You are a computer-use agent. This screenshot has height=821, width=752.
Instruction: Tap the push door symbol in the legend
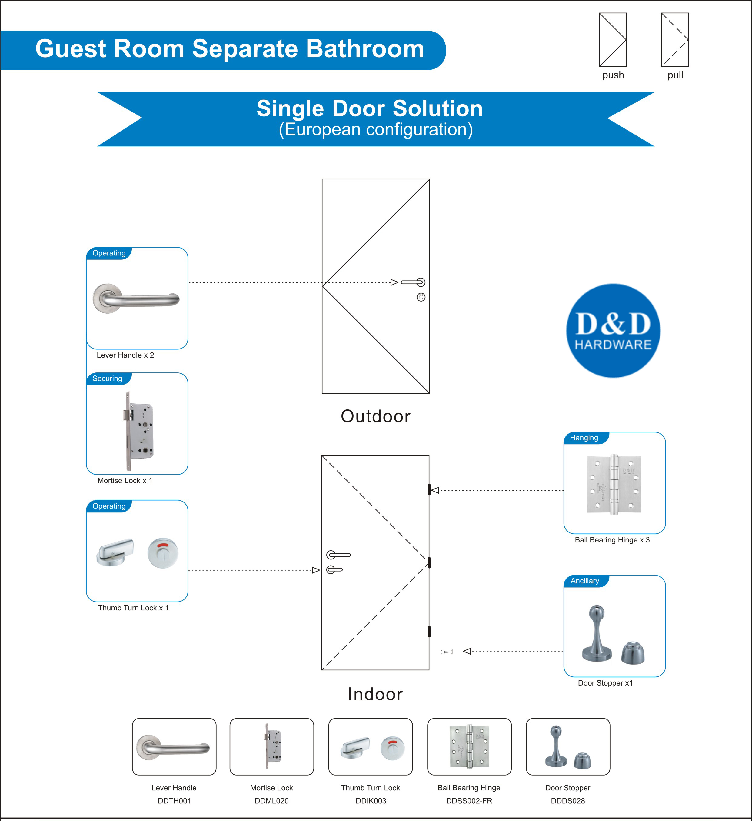click(612, 40)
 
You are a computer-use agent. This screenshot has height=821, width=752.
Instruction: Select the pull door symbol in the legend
click(675, 40)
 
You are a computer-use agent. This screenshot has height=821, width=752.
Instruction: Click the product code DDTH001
click(174, 801)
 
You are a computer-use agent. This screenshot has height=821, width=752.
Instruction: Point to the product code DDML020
click(271, 801)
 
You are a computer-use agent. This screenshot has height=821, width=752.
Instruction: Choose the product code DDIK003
click(371, 801)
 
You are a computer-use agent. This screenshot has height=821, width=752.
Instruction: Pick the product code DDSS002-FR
click(469, 801)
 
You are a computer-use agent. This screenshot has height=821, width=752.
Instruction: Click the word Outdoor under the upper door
click(375, 416)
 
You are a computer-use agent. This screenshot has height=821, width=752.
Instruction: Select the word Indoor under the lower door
click(375, 694)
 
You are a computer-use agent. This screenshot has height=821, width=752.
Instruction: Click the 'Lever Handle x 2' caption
click(125, 355)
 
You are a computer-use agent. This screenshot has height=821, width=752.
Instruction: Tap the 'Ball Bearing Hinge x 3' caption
click(612, 540)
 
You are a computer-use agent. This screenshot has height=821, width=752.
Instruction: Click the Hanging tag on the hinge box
click(584, 438)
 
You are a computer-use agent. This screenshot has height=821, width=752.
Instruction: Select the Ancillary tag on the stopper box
click(585, 581)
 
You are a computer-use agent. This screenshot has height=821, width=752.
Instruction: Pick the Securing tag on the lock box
click(107, 378)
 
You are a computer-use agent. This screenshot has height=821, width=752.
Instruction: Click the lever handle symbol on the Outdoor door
click(413, 282)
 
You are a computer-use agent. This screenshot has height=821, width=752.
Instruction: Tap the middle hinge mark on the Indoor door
click(429, 563)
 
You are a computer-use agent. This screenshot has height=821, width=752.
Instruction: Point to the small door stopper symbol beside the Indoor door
click(447, 652)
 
